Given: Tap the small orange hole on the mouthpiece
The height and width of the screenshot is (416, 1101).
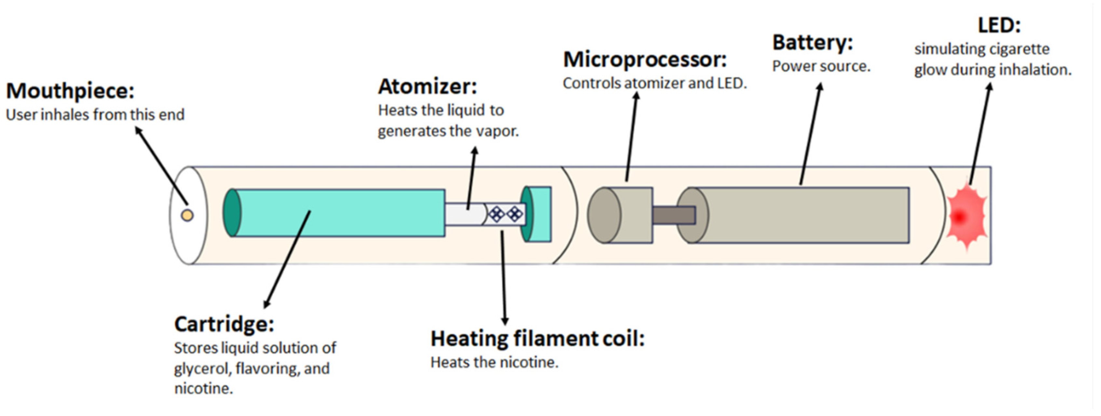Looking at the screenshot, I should (187, 215).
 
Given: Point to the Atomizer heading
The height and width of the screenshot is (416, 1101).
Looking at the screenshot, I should (427, 87).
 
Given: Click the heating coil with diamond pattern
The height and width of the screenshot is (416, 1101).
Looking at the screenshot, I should (506, 214).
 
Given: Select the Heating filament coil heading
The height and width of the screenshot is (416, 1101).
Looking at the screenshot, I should (537, 339).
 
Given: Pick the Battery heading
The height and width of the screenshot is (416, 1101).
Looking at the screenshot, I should (812, 43).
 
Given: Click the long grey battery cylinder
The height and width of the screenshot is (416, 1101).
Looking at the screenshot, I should (799, 215).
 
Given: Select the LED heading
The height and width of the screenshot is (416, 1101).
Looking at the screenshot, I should (999, 26).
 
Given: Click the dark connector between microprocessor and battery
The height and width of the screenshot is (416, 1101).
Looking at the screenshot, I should (673, 215).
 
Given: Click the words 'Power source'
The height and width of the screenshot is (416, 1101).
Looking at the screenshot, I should (821, 67).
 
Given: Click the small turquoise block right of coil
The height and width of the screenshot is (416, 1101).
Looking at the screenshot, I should (539, 214).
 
